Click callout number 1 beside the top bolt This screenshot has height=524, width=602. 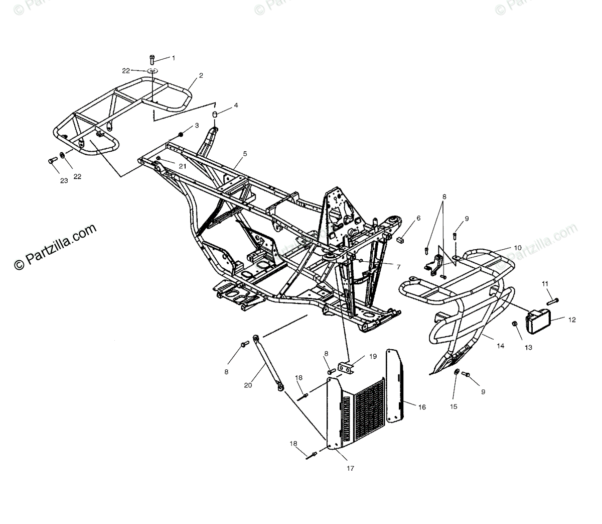click(x=174, y=58)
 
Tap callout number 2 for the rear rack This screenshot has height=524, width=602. click(x=201, y=76)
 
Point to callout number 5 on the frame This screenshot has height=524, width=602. click(x=244, y=154)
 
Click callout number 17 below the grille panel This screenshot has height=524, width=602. click(x=350, y=468)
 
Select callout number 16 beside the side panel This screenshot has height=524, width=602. click(x=421, y=407)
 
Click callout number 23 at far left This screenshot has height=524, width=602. click(x=64, y=181)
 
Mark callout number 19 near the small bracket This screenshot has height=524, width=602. click(x=373, y=356)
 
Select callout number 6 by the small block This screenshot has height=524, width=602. click(x=418, y=218)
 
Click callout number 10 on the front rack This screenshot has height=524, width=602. click(x=517, y=248)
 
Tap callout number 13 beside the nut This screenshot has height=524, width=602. click(x=529, y=347)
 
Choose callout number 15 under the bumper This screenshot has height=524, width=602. click(x=454, y=407)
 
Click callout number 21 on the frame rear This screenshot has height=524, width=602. click(x=182, y=165)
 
